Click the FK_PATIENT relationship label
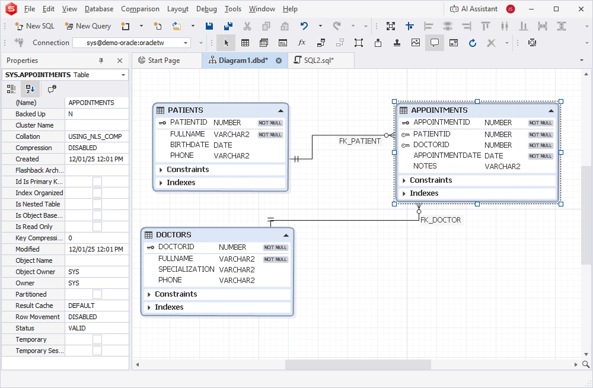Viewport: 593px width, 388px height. pyautogui.click(x=360, y=141)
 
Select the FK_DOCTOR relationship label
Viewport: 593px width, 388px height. pyautogui.click(x=441, y=220)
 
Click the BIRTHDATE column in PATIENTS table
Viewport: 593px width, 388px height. pyautogui.click(x=190, y=145)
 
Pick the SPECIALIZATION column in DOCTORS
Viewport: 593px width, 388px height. pyautogui.click(x=186, y=269)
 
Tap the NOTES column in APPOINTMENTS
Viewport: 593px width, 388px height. pyautogui.click(x=425, y=166)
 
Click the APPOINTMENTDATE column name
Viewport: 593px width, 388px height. pyautogui.click(x=447, y=155)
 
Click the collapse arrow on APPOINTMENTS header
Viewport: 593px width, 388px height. pyautogui.click(x=551, y=110)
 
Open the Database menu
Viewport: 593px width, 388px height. pyautogui.click(x=99, y=9)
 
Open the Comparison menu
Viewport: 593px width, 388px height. pyautogui.click(x=140, y=9)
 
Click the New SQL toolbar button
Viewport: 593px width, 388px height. pyautogui.click(x=34, y=26)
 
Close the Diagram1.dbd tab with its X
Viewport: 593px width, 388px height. pyautogui.click(x=279, y=61)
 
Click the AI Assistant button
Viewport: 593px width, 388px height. pyautogui.click(x=473, y=9)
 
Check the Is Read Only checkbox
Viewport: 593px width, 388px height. pyautogui.click(x=97, y=227)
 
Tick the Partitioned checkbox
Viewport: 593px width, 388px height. pyautogui.click(x=97, y=294)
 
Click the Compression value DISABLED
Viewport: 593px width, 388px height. pyautogui.click(x=82, y=148)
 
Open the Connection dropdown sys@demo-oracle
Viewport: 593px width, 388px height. pyautogui.click(x=132, y=43)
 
